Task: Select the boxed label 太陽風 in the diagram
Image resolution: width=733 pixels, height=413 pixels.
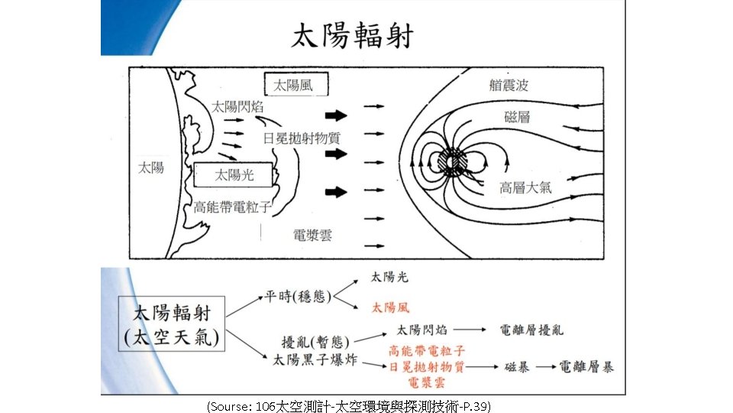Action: click(x=294, y=85)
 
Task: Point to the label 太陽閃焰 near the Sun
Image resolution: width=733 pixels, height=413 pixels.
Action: click(x=237, y=107)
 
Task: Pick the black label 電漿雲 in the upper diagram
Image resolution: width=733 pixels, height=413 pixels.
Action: click(x=313, y=234)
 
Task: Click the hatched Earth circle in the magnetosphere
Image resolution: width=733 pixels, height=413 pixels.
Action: click(x=453, y=162)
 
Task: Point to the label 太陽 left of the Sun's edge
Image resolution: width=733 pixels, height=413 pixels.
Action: click(x=150, y=167)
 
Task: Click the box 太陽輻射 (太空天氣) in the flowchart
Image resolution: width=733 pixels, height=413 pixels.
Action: click(x=170, y=324)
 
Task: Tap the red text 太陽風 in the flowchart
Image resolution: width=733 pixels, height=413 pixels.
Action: click(x=390, y=307)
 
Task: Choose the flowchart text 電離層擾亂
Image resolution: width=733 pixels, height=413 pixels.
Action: click(x=531, y=330)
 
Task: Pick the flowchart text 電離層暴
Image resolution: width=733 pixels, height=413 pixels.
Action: click(x=586, y=367)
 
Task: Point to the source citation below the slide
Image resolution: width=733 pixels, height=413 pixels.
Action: click(x=348, y=405)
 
